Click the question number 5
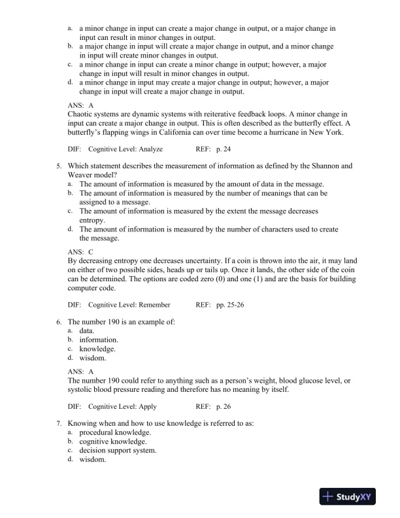pyautogui.click(x=59, y=166)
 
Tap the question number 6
pyautogui.click(x=59, y=321)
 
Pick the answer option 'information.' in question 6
pyautogui.click(x=99, y=339)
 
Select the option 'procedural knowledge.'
pyautogui.click(x=115, y=433)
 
